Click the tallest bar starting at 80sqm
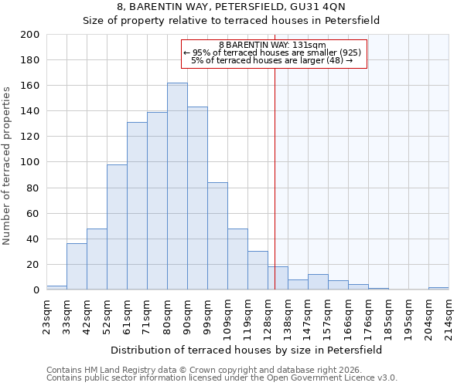pos(177,186)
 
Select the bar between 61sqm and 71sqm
pos(137,206)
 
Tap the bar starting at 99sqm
pos(217,236)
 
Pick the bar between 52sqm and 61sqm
pos(117,227)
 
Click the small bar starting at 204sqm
pos(438,289)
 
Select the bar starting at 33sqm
pos(77,266)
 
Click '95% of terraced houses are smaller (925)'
pos(272,52)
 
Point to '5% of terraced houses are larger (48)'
pos(272,60)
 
